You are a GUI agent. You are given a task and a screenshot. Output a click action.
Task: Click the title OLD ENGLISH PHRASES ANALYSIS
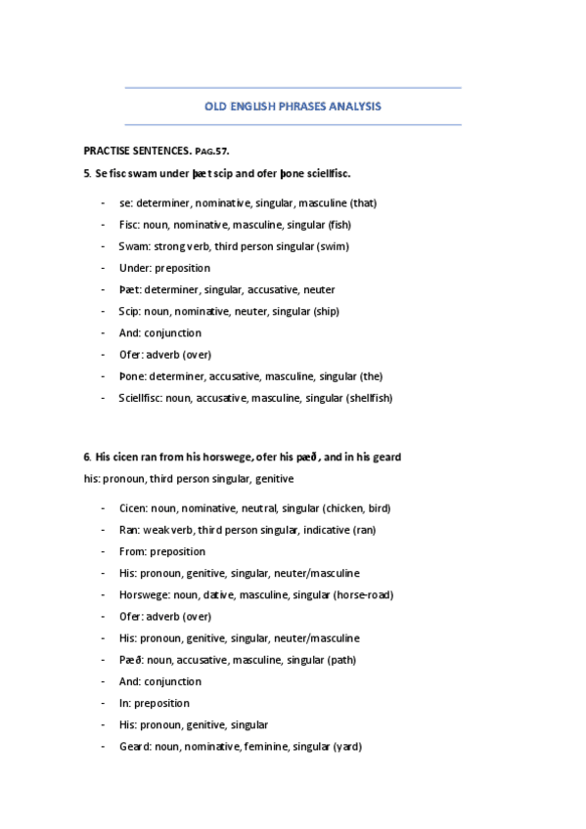[x=293, y=107]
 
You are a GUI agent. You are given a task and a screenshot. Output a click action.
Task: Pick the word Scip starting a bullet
[x=130, y=312]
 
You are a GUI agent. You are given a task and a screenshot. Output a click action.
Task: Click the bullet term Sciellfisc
[x=140, y=398]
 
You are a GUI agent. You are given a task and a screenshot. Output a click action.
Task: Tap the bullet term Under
[x=135, y=268]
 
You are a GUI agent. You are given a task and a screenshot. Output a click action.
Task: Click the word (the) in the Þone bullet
[x=370, y=376]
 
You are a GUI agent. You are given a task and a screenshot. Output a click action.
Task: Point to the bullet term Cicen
[x=133, y=508]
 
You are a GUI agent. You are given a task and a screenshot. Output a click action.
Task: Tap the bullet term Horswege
[x=143, y=594]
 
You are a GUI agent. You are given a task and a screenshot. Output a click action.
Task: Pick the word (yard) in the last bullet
[x=347, y=746]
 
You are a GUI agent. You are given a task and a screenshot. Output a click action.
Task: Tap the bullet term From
[x=133, y=551]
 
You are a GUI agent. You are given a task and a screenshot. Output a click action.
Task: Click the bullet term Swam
[x=133, y=246]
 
